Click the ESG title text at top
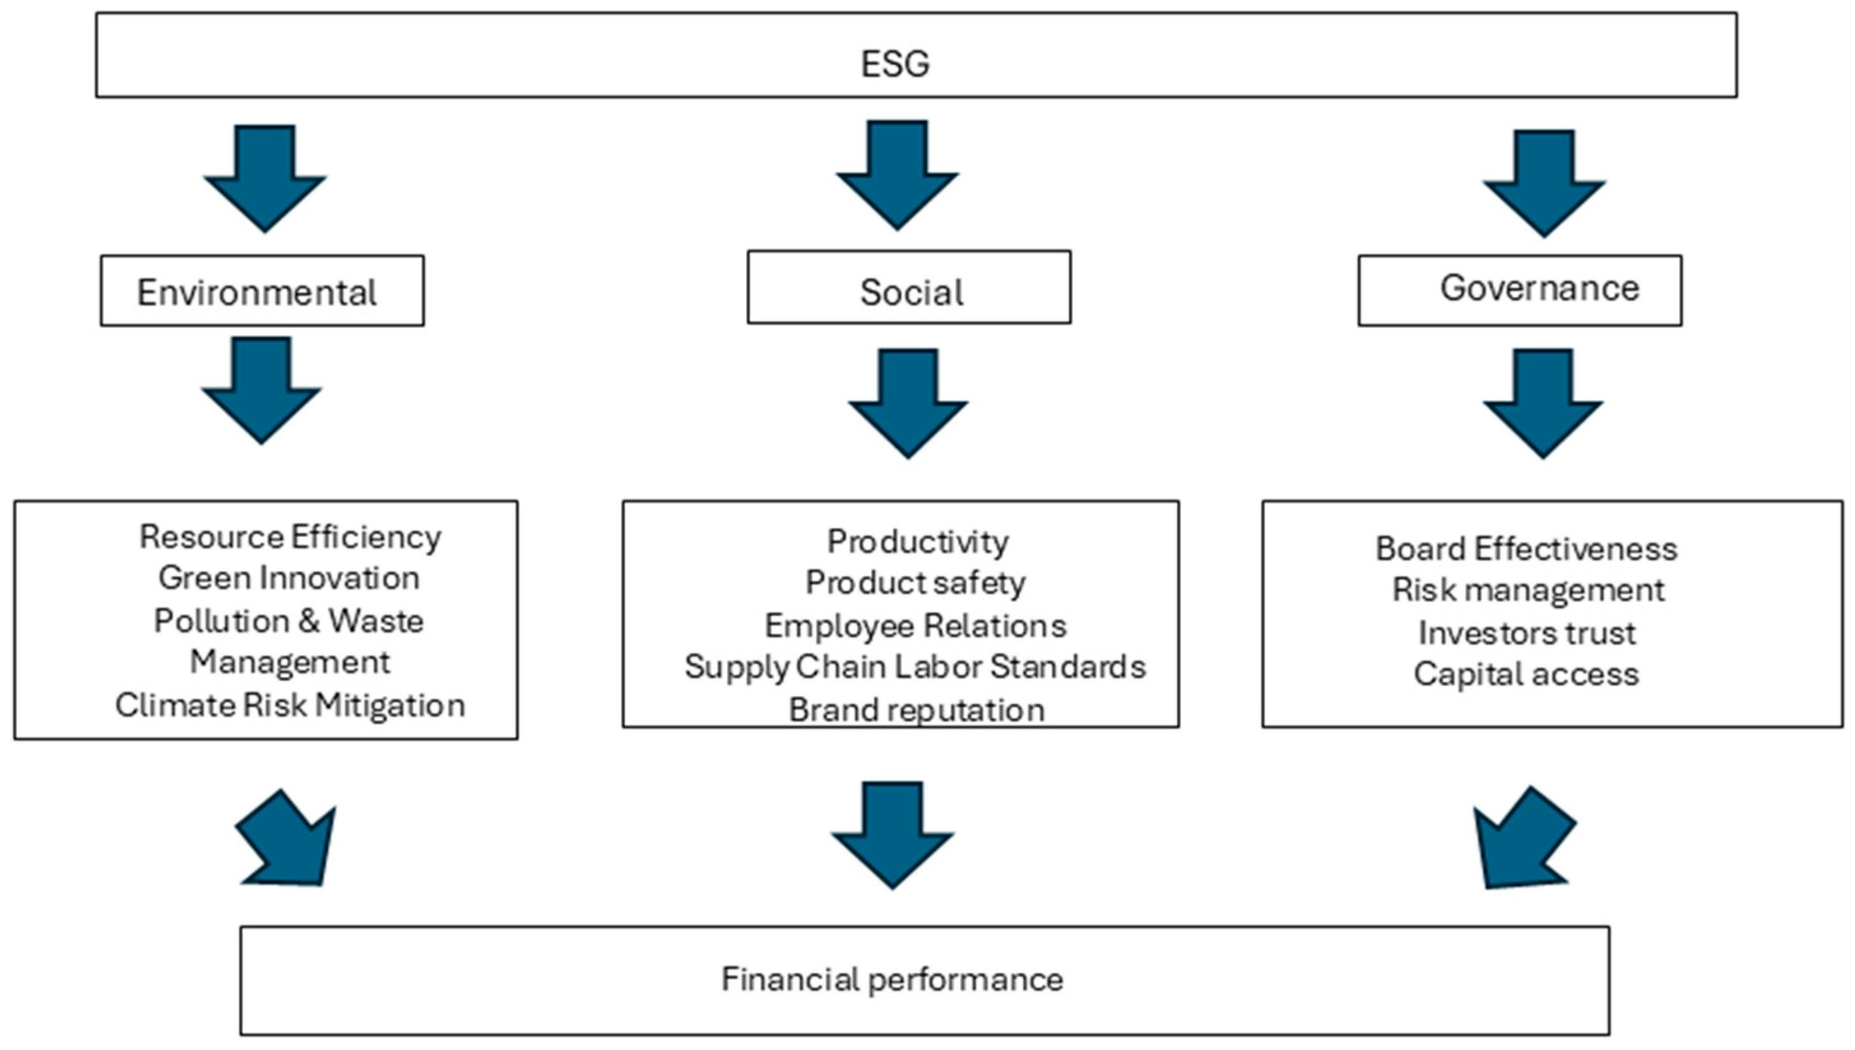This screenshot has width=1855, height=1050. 895,64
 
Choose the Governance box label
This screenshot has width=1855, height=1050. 1539,289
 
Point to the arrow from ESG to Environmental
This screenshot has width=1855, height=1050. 264,180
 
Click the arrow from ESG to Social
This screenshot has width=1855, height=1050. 897,176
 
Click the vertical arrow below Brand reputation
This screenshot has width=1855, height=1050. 893,837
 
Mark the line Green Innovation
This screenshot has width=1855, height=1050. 289,579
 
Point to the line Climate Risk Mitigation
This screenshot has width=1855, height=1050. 290,705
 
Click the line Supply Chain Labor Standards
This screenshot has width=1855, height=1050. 914,667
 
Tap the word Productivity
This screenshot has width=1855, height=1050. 918,542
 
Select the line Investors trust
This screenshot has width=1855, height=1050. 1527,633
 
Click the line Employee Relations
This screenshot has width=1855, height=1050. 915,626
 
